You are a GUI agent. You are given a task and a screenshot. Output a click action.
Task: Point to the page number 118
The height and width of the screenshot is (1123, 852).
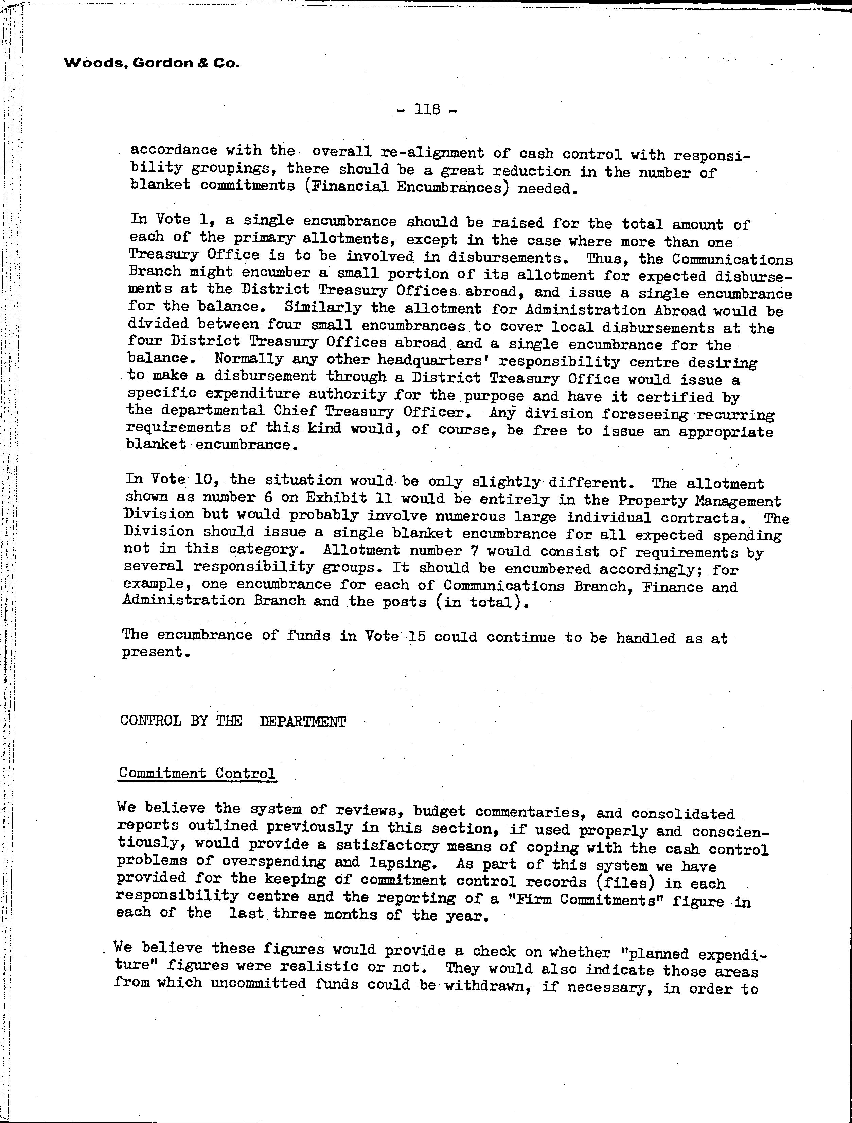pyautogui.click(x=427, y=109)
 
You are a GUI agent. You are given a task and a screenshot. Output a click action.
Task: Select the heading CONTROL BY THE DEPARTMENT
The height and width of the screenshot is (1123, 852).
pyautogui.click(x=233, y=722)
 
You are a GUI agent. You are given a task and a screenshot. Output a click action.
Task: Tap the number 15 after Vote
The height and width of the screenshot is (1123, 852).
pyautogui.click(x=416, y=636)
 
